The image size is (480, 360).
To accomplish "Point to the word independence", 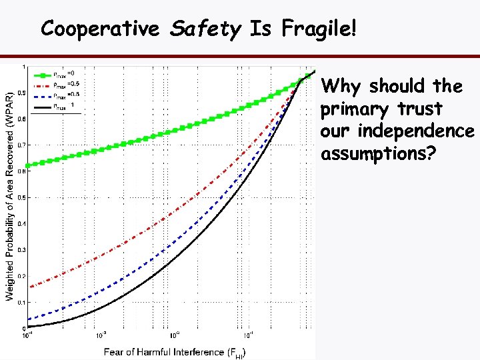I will (397, 131).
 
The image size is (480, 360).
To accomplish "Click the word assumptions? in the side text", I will (378, 154).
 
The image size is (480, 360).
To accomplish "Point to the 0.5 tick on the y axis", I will (22, 197).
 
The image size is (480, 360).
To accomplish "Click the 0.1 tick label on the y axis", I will (22, 302).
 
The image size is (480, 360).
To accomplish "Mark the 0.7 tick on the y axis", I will (22, 145).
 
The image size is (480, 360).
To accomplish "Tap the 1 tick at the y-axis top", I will (24, 67).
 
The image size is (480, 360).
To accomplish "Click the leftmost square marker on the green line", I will (27, 164).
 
